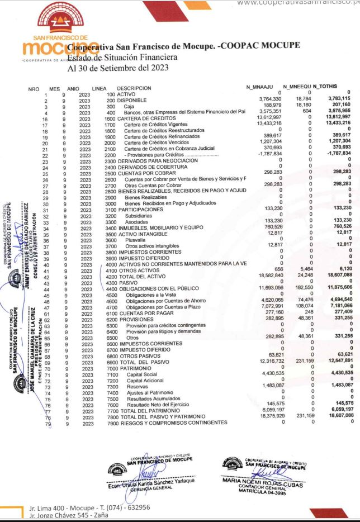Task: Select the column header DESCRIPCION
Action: (134, 88)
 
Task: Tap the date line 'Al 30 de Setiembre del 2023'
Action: (117, 69)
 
